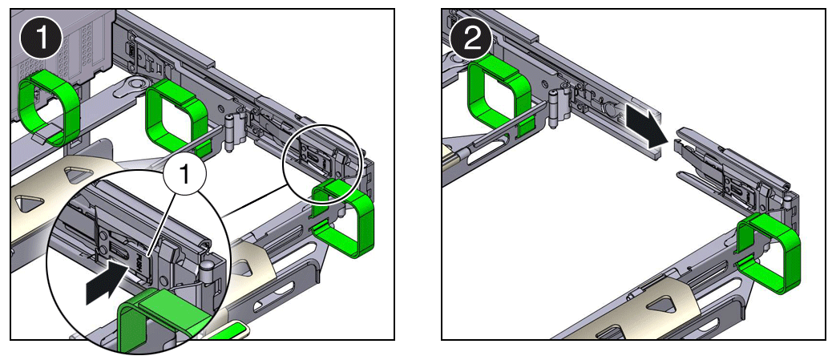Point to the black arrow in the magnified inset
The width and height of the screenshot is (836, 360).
pyautogui.click(x=106, y=281)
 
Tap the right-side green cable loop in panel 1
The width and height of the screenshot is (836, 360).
pyautogui.click(x=345, y=220)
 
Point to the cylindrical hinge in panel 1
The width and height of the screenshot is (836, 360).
pyautogui.click(x=233, y=131)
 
